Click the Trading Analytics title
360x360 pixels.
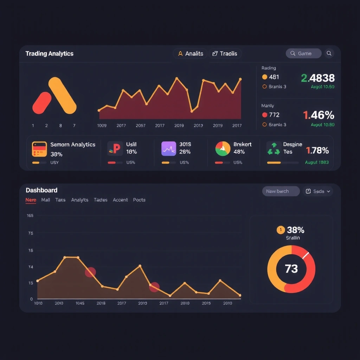click(x=49, y=54)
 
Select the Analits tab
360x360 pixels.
click(x=190, y=54)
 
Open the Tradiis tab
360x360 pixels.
click(x=225, y=54)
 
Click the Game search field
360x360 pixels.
click(x=304, y=53)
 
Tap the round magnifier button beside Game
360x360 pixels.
click(x=329, y=53)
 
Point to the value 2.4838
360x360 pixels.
click(x=318, y=78)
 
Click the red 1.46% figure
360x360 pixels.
click(x=319, y=115)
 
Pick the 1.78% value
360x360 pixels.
click(x=317, y=151)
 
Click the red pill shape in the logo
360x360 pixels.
click(x=42, y=103)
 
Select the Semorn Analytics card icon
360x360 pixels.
click(x=39, y=149)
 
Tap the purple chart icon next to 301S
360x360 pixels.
click(x=168, y=149)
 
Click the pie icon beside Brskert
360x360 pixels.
click(x=223, y=149)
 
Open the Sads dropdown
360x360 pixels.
click(x=318, y=191)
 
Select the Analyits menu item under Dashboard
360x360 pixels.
click(x=79, y=200)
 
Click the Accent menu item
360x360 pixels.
click(x=120, y=200)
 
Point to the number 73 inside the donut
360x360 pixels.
click(x=291, y=269)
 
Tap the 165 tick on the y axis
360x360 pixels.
click(x=30, y=216)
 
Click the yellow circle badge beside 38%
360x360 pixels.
click(x=281, y=230)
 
